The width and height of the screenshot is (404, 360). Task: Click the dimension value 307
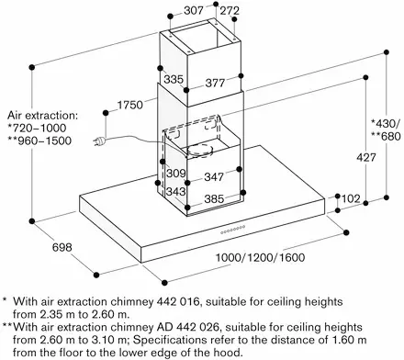tap(194, 11)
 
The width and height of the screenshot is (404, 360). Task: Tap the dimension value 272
tap(230, 11)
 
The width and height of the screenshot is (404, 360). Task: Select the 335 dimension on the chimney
tap(174, 79)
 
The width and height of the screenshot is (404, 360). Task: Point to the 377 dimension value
tap(215, 83)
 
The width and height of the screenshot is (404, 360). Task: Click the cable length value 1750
tap(130, 105)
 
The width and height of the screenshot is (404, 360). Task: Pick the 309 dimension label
tap(176, 173)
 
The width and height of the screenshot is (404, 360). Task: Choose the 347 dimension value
tap(214, 176)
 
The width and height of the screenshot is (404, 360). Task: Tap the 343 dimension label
tap(176, 192)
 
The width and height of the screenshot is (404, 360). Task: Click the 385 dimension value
tap(214, 199)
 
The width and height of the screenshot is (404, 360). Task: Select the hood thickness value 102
tap(351, 199)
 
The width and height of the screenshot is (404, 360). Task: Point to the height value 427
tap(366, 157)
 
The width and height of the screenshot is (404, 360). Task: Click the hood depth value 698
tap(62, 247)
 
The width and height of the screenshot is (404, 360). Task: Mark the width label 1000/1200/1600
tap(261, 257)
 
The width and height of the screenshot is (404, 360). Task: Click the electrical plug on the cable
tap(100, 141)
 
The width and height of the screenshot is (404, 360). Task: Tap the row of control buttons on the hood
tap(233, 230)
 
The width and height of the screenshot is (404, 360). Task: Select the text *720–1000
tap(37, 128)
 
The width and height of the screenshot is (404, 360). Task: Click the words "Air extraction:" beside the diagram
tap(43, 116)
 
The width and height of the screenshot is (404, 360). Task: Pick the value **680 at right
tap(386, 136)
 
